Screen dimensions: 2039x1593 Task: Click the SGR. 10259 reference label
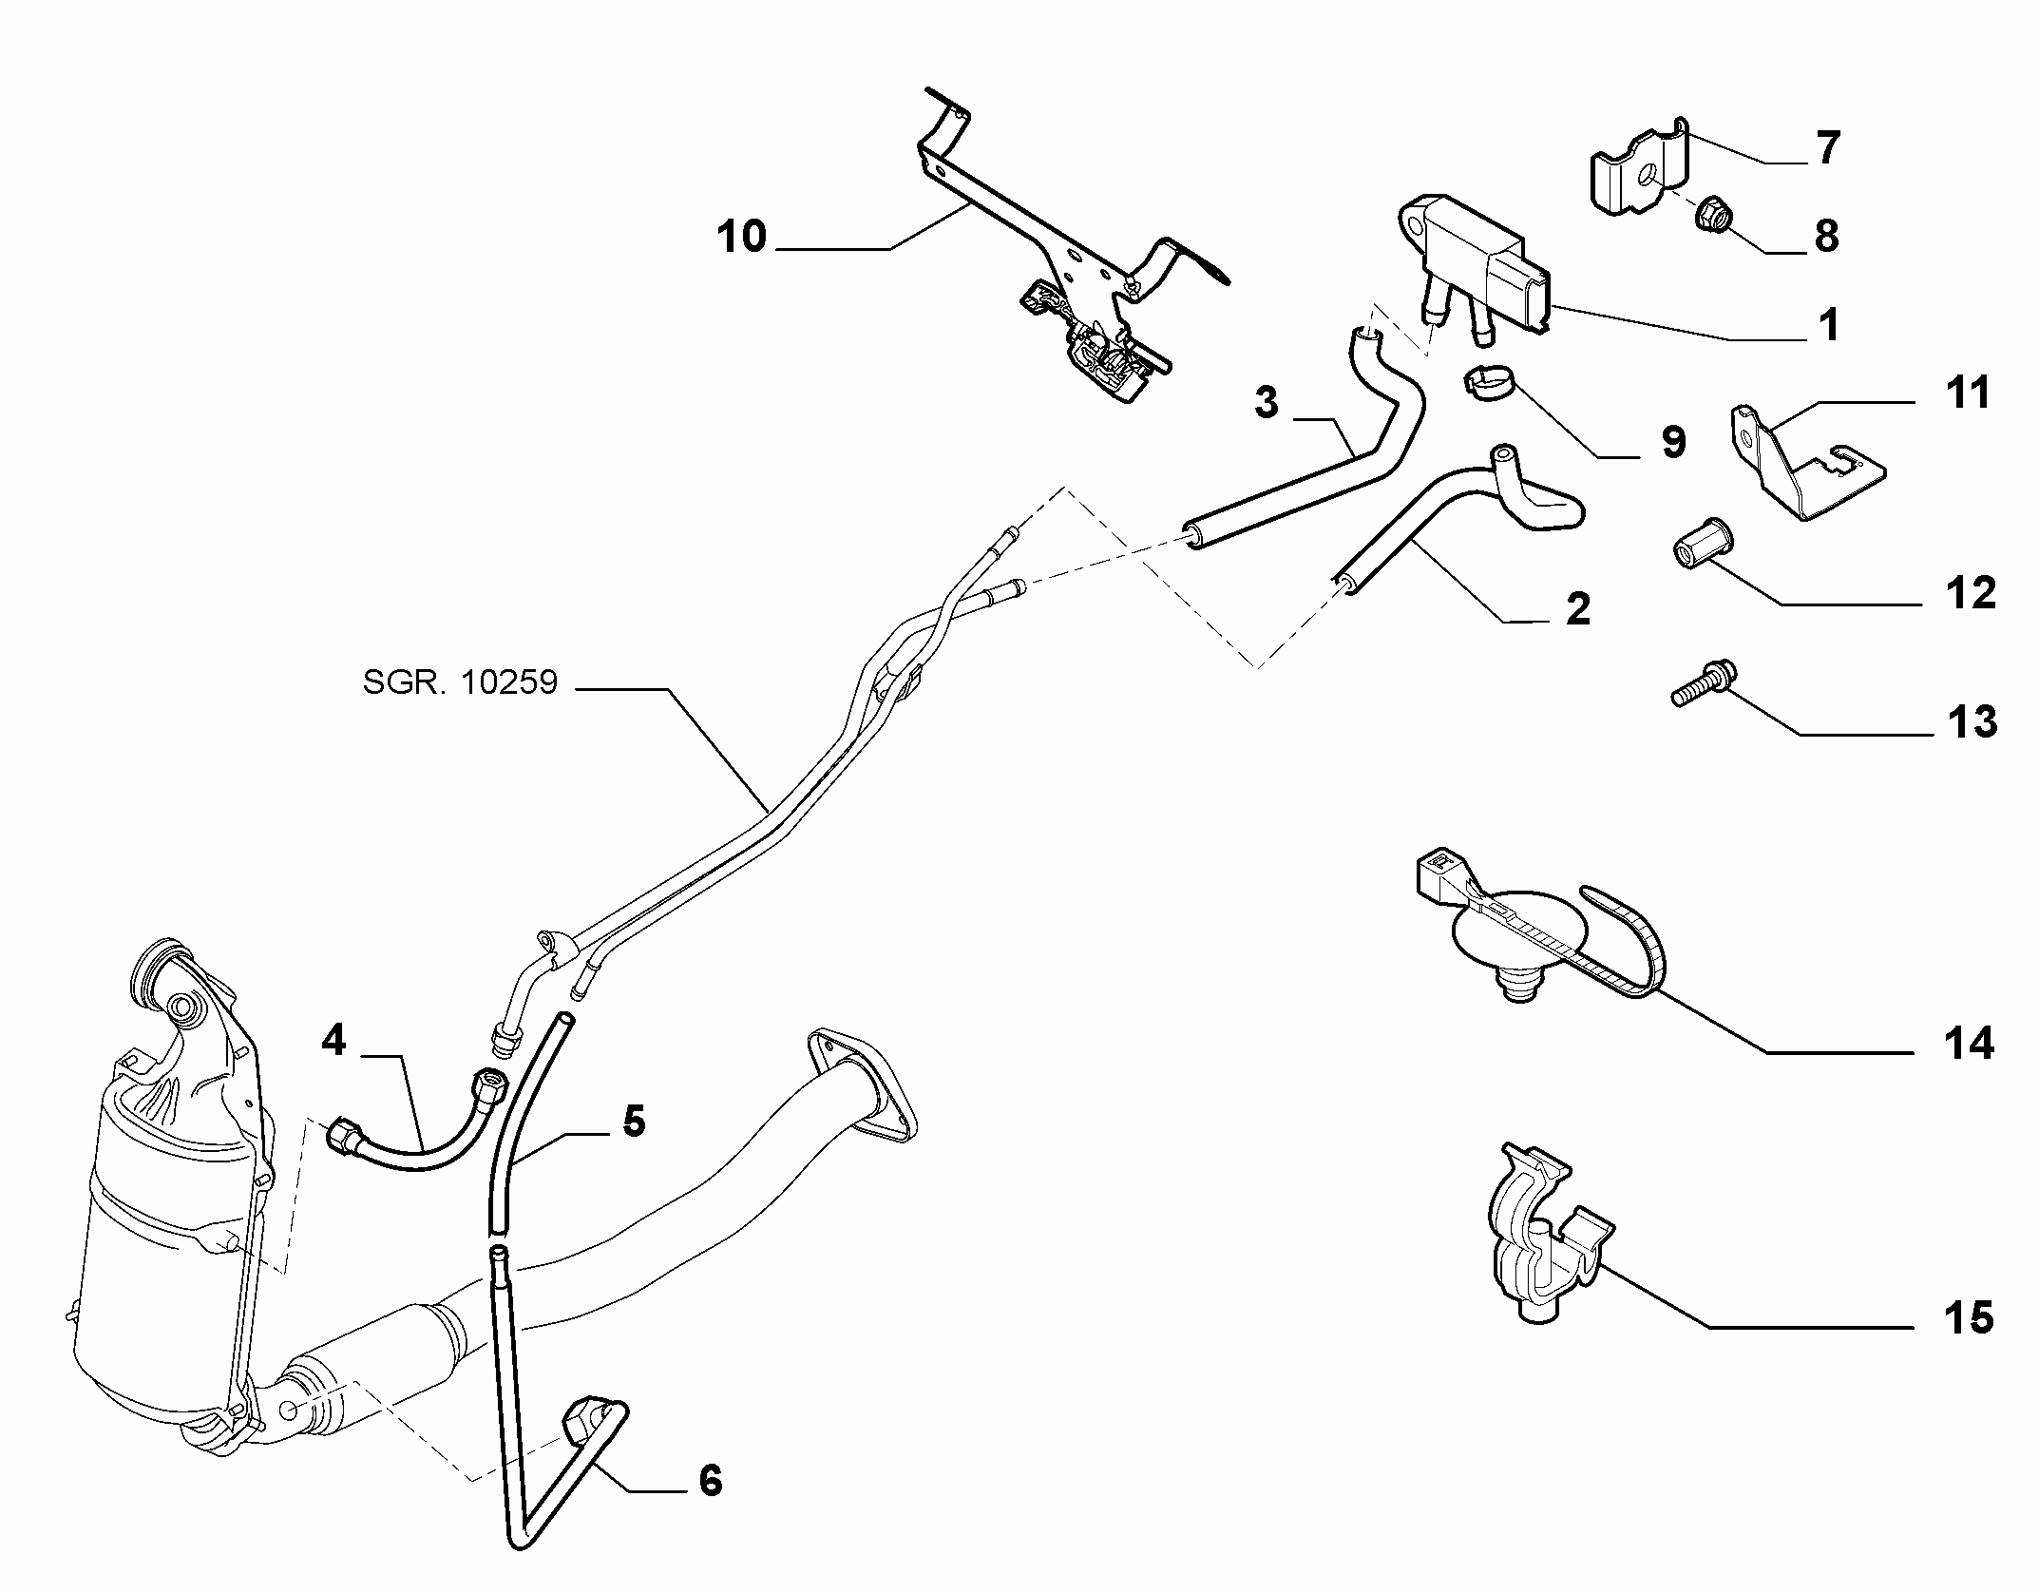(x=460, y=683)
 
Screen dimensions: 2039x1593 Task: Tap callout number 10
(x=742, y=236)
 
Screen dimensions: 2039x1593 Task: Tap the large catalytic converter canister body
(x=171, y=1236)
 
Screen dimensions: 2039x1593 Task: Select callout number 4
(x=334, y=1040)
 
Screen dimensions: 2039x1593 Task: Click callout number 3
(x=1267, y=402)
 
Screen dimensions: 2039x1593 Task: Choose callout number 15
(x=1968, y=1317)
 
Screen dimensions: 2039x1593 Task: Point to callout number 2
(x=1577, y=608)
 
